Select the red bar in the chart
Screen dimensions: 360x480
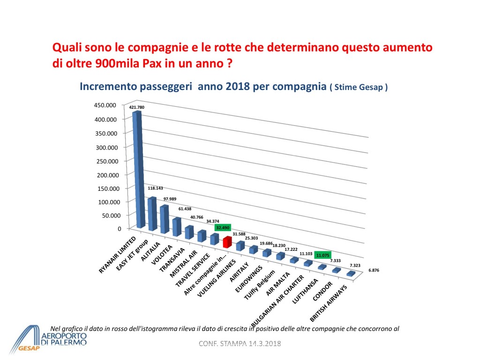click(x=227, y=242)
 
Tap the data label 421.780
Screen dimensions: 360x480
click(x=137, y=107)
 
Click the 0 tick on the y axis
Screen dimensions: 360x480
click(x=119, y=229)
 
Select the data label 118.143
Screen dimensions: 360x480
click(x=157, y=188)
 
